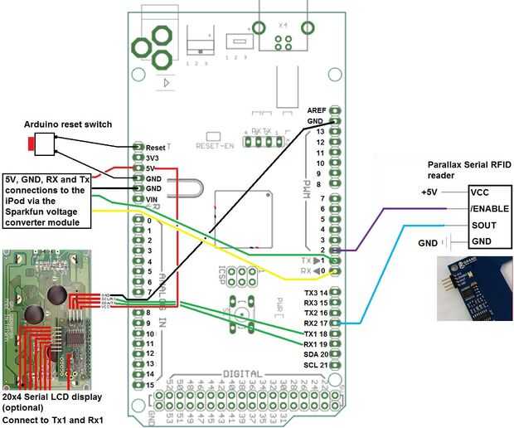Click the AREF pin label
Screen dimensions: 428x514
(317, 110)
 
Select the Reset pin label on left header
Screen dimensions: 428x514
(156, 146)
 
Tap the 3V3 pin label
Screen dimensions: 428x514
(153, 157)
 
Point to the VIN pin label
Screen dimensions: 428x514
(153, 199)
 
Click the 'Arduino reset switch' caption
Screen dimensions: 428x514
(70, 124)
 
